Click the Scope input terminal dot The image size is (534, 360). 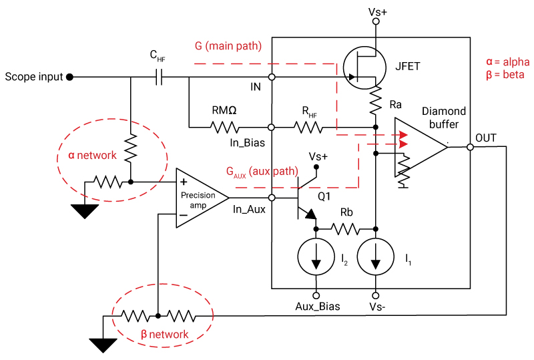(x=69, y=77)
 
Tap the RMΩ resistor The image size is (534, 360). (x=221, y=126)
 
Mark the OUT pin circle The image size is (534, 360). (x=470, y=147)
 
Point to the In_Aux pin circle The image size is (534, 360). (x=272, y=198)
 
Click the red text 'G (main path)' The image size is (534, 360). (x=228, y=46)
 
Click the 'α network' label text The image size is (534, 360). (x=92, y=155)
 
